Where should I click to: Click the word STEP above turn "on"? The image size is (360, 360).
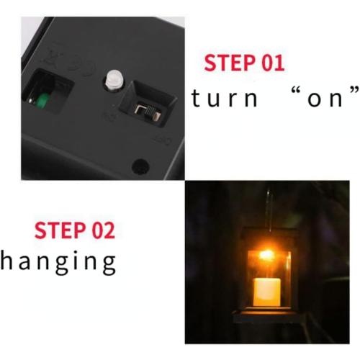[x=229, y=63]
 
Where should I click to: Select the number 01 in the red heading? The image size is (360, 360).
[x=271, y=63]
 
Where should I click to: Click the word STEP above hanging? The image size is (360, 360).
[x=59, y=231]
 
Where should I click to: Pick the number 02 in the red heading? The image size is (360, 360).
[x=101, y=231]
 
